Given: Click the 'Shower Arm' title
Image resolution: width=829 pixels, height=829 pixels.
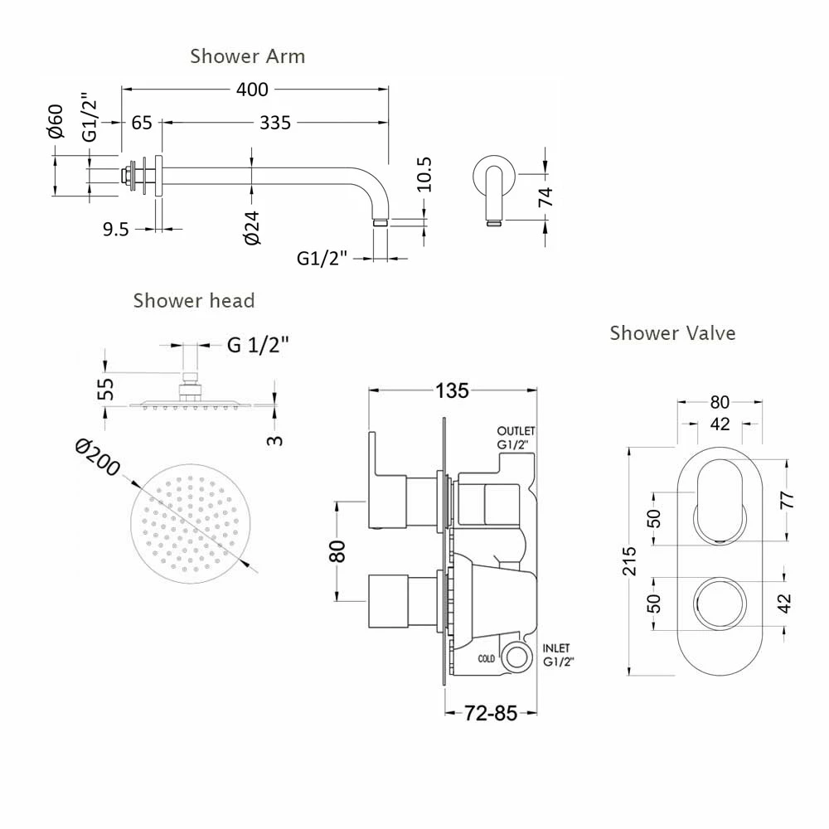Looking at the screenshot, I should [247, 56].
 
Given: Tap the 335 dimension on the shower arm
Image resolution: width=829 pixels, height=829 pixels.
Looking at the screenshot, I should [274, 123].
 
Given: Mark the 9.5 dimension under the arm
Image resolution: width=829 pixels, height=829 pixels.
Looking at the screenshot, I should [115, 230].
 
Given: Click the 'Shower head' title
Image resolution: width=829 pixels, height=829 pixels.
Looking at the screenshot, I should [193, 300].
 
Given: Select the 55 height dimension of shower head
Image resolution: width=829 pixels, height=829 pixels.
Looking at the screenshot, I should [106, 388].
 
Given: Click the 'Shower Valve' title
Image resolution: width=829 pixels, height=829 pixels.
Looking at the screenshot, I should [672, 333].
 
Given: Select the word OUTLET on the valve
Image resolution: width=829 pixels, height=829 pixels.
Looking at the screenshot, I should [516, 432].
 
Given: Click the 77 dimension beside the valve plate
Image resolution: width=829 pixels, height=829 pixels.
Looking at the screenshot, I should [787, 499].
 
